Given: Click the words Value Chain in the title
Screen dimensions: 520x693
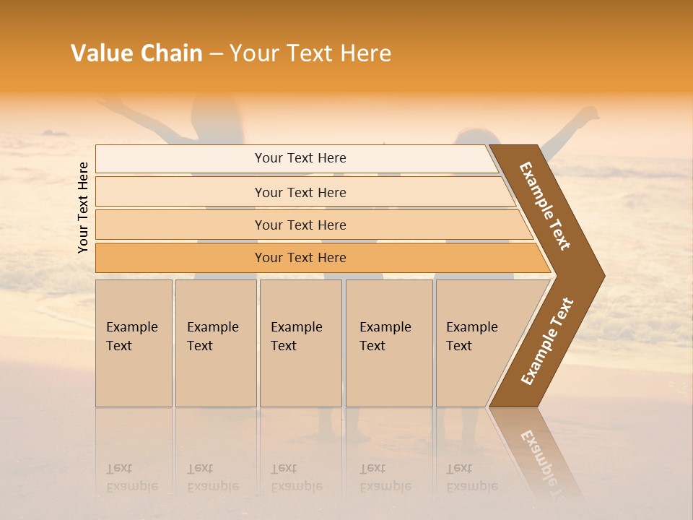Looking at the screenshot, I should click(x=136, y=53).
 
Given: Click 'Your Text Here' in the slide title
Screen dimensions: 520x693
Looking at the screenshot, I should click(x=310, y=53).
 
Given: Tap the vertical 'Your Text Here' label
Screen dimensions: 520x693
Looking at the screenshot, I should click(x=84, y=207).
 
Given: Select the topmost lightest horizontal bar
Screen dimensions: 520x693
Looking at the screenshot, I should click(x=300, y=158).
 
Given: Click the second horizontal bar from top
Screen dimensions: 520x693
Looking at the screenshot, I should click(x=300, y=192).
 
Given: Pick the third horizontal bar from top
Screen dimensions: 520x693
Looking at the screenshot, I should click(x=300, y=225).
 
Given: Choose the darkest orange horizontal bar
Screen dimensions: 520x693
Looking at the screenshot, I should click(x=300, y=258).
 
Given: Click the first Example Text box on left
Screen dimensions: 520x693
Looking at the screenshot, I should click(x=134, y=343).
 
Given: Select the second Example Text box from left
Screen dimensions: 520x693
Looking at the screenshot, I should click(x=215, y=343).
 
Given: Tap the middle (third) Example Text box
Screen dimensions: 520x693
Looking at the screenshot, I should click(x=300, y=343).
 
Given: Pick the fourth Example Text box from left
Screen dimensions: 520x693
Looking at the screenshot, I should click(x=388, y=343).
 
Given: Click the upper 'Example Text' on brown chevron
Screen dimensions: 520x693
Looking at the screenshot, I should click(x=545, y=206).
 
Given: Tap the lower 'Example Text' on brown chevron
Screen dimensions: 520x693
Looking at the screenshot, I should click(x=547, y=342).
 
